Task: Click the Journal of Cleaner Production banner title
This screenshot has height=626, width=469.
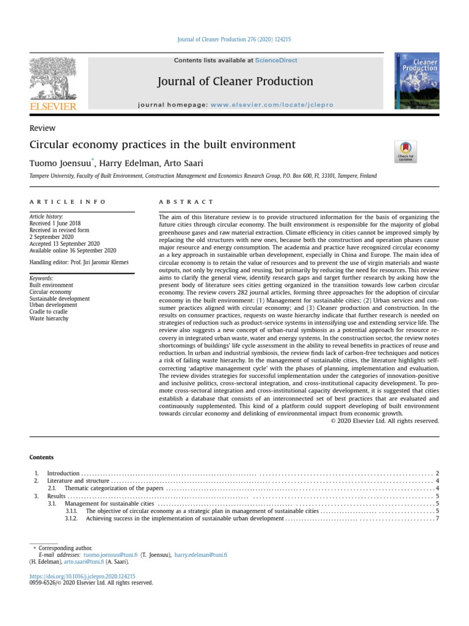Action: (x=235, y=81)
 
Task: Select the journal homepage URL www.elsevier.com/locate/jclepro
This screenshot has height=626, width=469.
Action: (x=272, y=105)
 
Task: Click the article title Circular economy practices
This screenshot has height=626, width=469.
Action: (x=162, y=145)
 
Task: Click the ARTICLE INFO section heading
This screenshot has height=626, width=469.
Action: (x=67, y=202)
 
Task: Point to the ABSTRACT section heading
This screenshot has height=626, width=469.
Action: (x=186, y=202)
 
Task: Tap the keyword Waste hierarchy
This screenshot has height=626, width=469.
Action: (x=49, y=319)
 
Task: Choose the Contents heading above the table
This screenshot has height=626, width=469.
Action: (x=42, y=457)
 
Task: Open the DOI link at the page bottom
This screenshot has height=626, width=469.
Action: (x=82, y=576)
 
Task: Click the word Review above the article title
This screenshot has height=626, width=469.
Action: (x=42, y=128)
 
